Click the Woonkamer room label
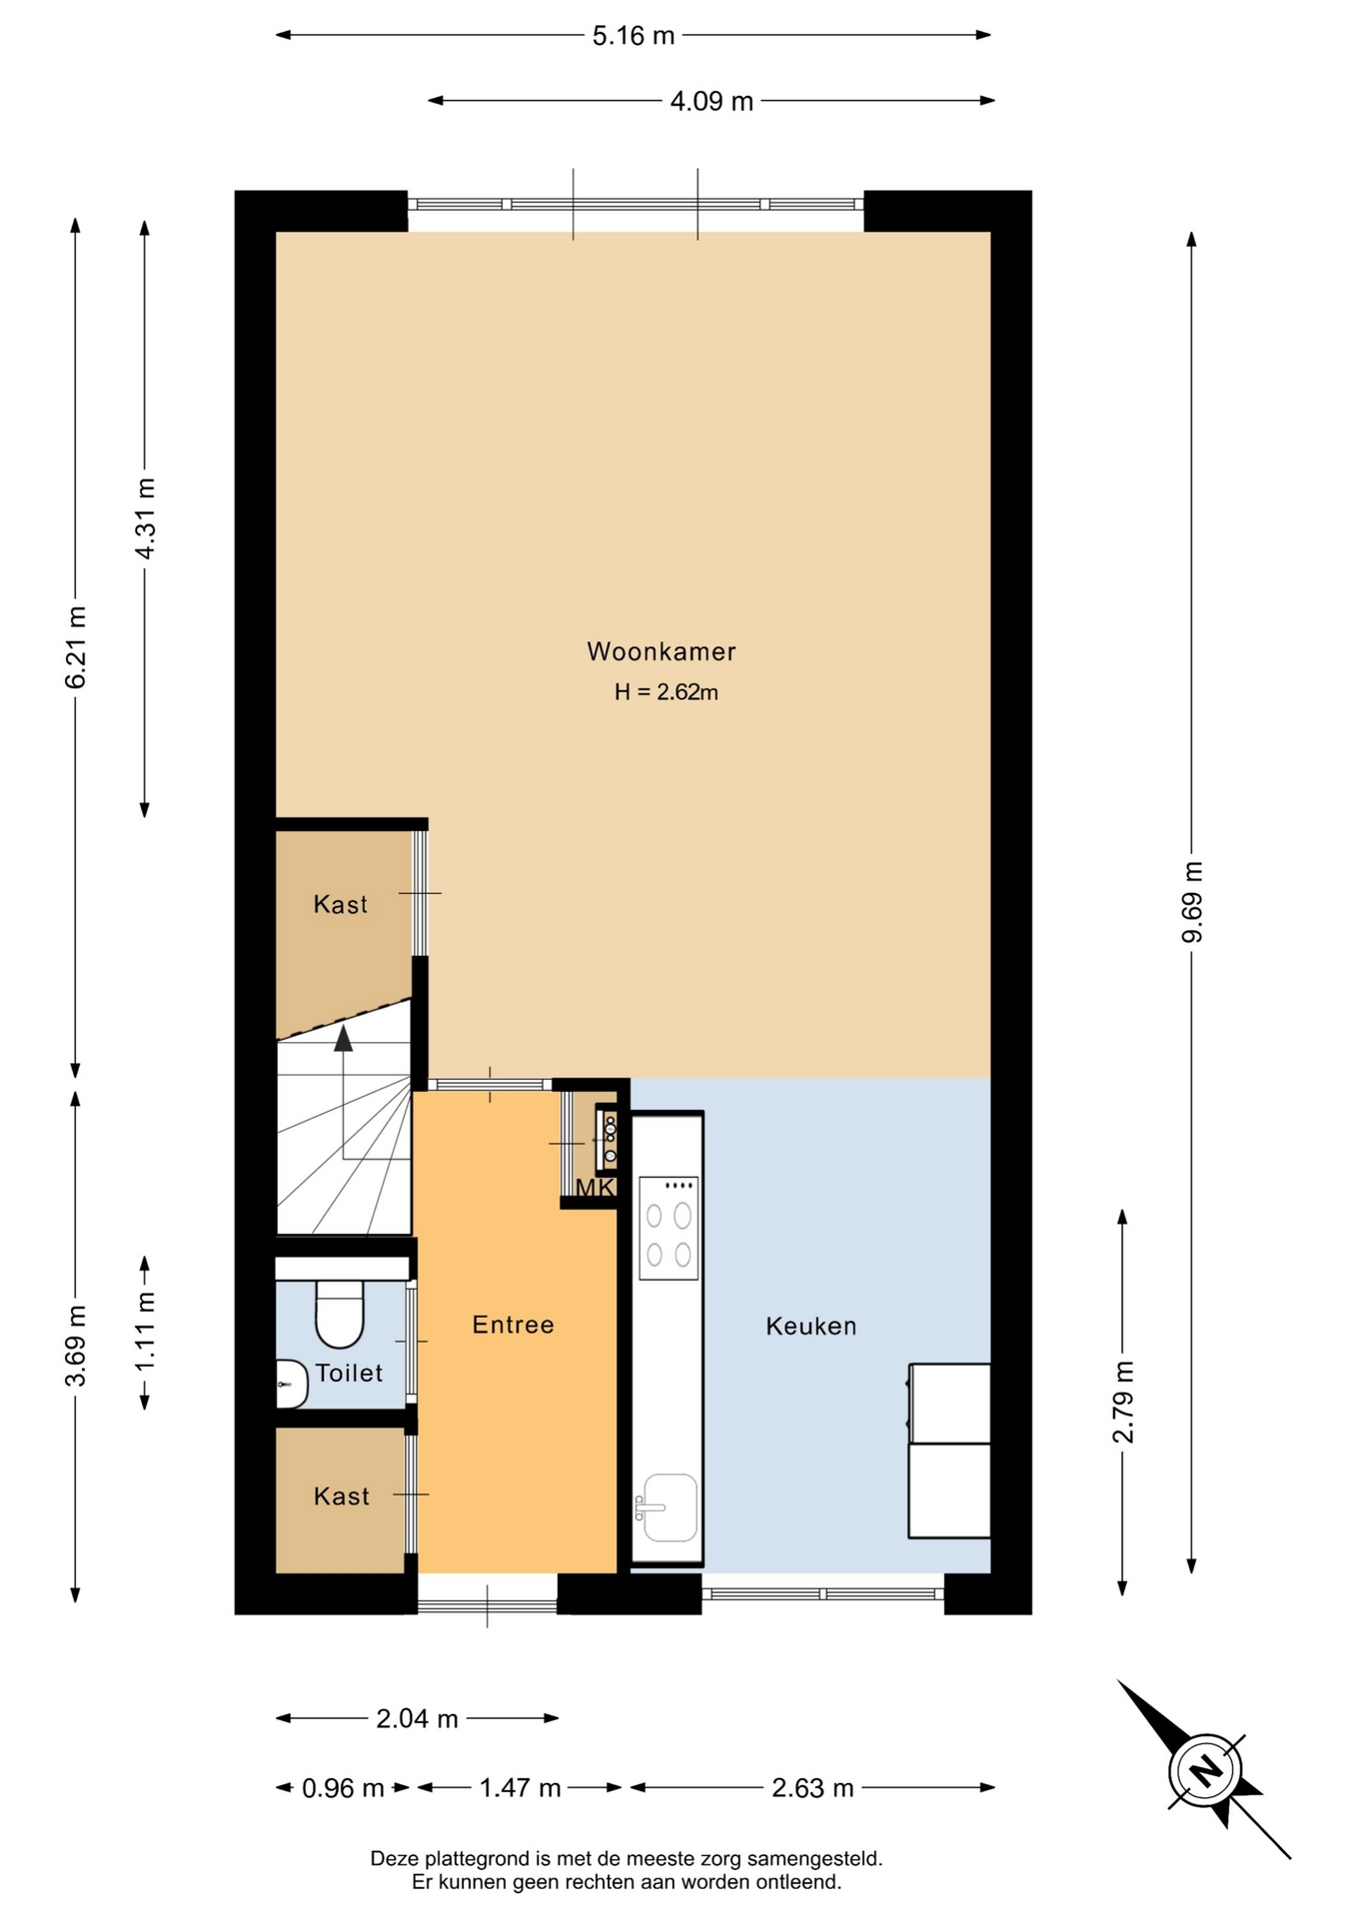pos(661,651)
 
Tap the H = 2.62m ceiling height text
pos(666,691)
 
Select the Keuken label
pos(810,1326)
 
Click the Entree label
pos(513,1325)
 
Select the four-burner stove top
pos(669,1228)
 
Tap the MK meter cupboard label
pos(595,1188)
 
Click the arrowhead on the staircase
pos(344,1038)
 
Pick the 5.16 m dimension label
pos(634,36)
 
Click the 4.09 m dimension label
pos(711,101)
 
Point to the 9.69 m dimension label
pos(1192,901)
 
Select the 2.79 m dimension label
pos(1123,1402)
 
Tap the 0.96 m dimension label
pos(343,1788)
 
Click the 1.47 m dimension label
pos(520,1788)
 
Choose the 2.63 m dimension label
pos(812,1788)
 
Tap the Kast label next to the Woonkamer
pos(340,904)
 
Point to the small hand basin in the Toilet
pos(291,1385)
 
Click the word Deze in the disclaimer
pos(395,1859)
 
